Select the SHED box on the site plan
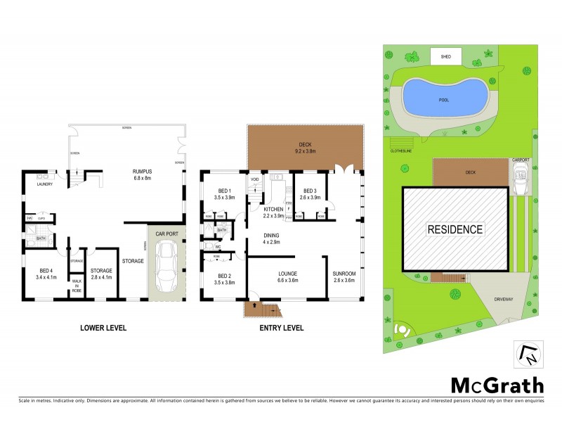click(445, 56)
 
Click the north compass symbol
click(530, 353)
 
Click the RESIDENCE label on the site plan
click(456, 229)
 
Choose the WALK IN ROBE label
click(77, 284)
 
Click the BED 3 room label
click(312, 193)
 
